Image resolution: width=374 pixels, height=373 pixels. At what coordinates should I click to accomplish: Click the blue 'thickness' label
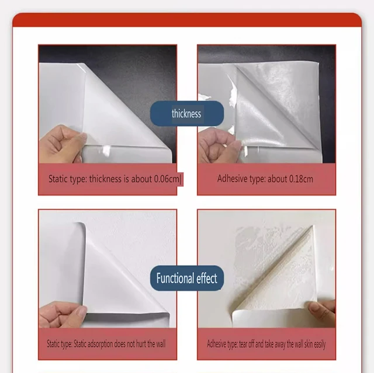(186, 113)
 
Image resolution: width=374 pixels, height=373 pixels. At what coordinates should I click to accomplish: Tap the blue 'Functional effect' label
(186, 278)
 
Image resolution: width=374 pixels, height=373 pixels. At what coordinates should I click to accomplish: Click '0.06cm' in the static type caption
(168, 179)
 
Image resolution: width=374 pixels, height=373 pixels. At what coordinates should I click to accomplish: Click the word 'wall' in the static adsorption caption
(158, 344)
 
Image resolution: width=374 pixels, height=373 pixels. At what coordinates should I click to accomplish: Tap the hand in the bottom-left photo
(62, 315)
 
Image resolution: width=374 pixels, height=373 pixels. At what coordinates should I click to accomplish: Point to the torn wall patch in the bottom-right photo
(259, 251)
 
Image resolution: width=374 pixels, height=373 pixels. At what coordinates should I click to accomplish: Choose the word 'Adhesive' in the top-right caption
(232, 179)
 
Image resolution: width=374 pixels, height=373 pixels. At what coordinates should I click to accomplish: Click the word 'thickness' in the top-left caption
(106, 179)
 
